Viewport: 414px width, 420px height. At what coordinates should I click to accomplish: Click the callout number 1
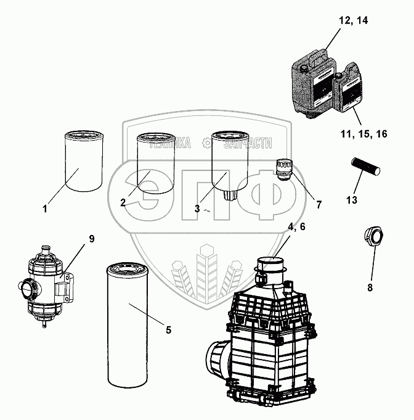pyautogui.click(x=45, y=209)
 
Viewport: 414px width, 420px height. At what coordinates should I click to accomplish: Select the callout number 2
pyautogui.click(x=123, y=202)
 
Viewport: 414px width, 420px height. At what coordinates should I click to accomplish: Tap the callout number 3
pyautogui.click(x=197, y=208)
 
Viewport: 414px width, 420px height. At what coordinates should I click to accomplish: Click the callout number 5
pyautogui.click(x=168, y=329)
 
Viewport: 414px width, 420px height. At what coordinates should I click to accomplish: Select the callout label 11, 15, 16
pyautogui.click(x=363, y=133)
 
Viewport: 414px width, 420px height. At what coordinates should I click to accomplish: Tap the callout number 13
pyautogui.click(x=352, y=200)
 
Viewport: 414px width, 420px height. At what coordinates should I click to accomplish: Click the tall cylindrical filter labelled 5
pyautogui.click(x=127, y=321)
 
